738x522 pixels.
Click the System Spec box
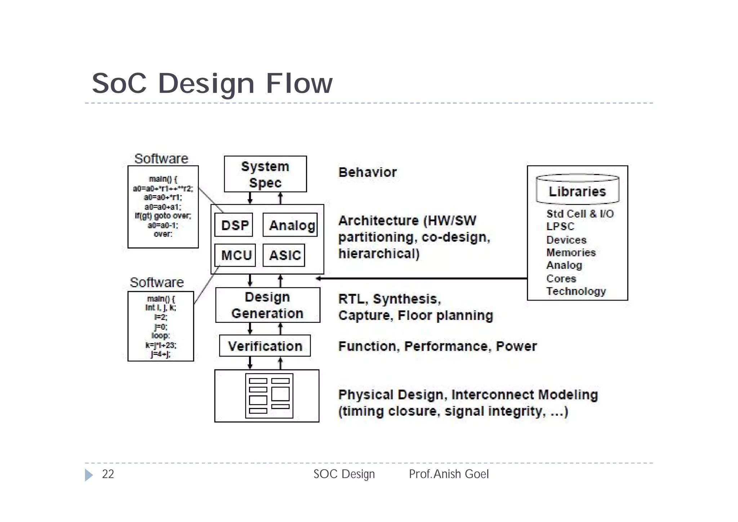tap(265, 174)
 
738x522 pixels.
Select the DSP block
tap(234, 225)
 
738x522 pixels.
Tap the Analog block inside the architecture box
tap(290, 225)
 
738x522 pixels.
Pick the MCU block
tap(235, 255)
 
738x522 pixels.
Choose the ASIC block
tap(284, 255)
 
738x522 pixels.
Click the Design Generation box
tap(267, 305)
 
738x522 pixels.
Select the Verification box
tap(265, 346)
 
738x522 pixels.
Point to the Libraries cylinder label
tap(577, 192)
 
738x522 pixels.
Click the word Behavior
tap(367, 172)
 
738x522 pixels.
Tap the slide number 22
tap(108, 474)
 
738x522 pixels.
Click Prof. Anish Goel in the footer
tap(449, 474)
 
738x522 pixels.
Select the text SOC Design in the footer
tap(344, 474)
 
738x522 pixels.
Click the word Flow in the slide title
tap(299, 83)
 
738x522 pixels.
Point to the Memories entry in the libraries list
tap(571, 253)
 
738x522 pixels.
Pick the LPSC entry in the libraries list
tap(560, 227)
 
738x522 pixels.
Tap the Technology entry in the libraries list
tap(576, 291)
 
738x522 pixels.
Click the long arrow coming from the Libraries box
tap(422, 278)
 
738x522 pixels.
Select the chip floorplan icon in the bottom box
tap(269, 396)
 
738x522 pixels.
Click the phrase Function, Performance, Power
tap(437, 346)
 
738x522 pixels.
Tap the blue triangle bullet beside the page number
tap(89, 475)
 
